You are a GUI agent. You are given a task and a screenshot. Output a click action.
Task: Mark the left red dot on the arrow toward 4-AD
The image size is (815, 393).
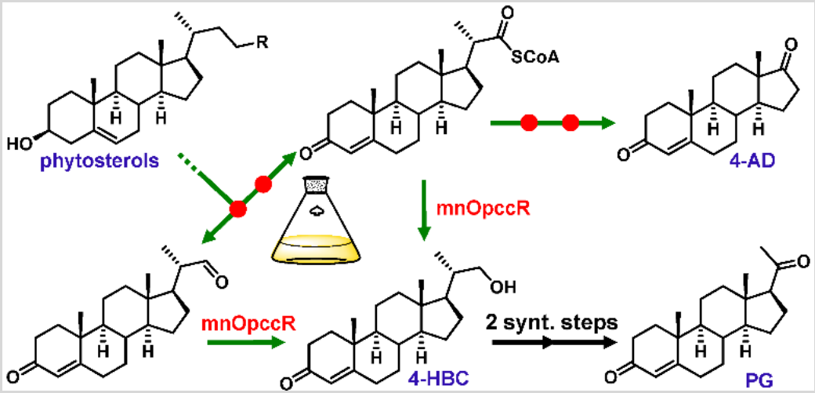tap(531, 122)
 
